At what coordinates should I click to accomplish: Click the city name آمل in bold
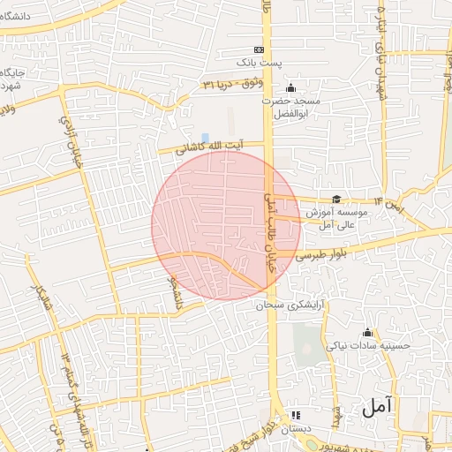(375, 406)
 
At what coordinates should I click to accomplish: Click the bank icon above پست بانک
(259, 49)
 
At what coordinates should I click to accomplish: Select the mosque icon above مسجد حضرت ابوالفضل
(291, 87)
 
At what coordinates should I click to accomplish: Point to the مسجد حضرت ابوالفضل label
(291, 108)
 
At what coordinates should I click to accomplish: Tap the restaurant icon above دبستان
(296, 414)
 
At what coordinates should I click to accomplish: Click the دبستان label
(296, 429)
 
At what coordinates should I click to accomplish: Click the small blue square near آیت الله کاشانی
(206, 138)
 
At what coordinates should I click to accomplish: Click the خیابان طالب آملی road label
(270, 225)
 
